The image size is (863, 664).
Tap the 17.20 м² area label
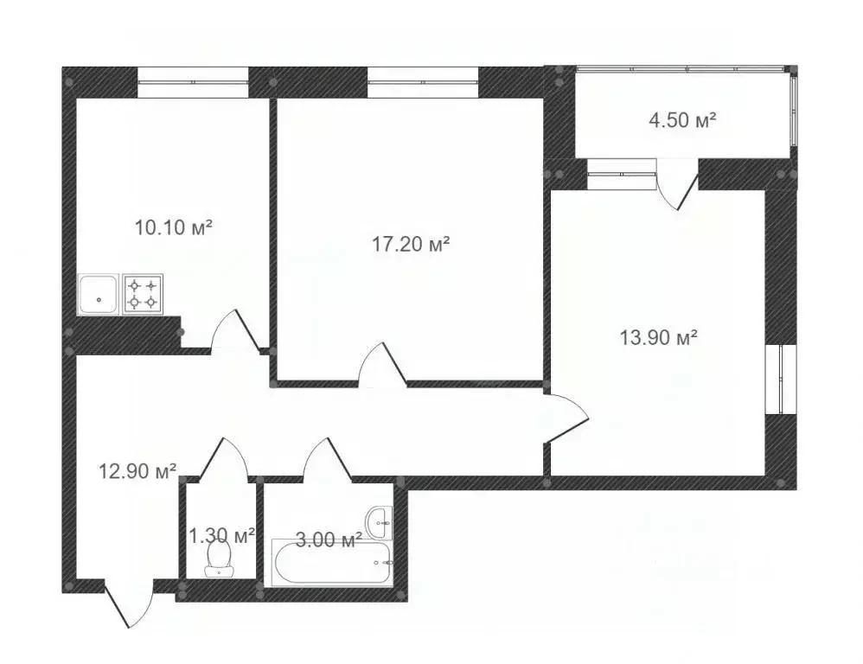tap(411, 245)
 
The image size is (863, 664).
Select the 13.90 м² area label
tap(659, 338)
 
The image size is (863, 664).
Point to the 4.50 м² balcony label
tap(683, 120)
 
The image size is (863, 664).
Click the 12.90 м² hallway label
tap(139, 471)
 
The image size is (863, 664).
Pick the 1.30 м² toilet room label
tap(221, 536)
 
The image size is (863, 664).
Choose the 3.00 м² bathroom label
tap(328, 541)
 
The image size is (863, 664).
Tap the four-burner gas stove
tap(144, 293)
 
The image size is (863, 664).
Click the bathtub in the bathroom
tap(331, 564)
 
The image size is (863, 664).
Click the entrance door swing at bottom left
tap(126, 603)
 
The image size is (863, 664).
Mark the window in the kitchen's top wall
tap(193, 82)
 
